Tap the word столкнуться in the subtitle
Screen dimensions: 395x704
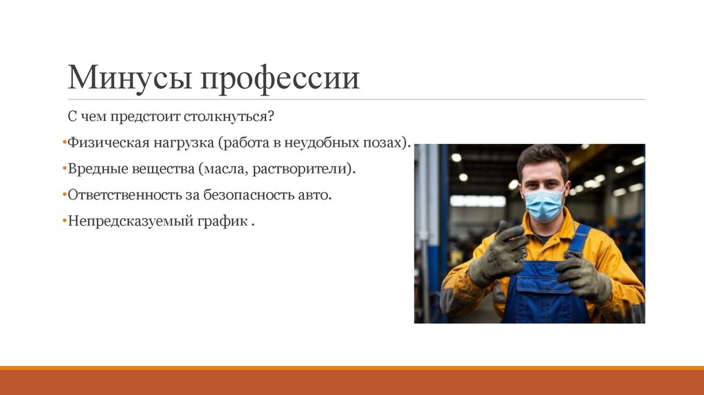[228, 117]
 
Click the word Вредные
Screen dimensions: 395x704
[94, 169]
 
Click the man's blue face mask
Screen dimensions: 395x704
[543, 204]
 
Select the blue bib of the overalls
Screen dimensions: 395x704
[543, 289]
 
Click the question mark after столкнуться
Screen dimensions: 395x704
[272, 117]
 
